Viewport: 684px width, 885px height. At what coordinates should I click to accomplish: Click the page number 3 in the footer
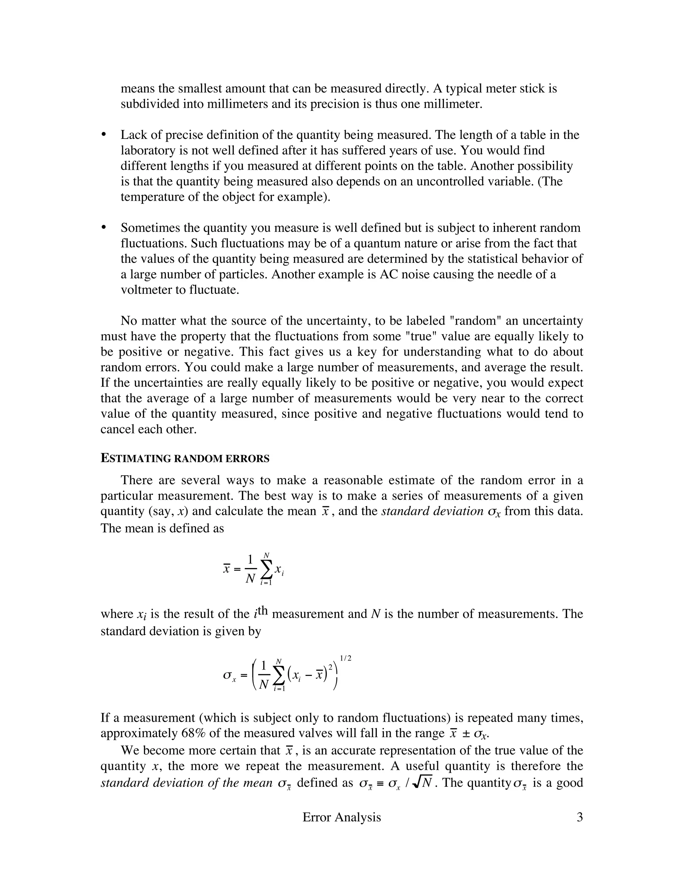579,817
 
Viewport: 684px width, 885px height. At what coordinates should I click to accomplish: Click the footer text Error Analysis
342,817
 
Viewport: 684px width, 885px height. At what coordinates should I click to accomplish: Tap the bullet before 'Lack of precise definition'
104,135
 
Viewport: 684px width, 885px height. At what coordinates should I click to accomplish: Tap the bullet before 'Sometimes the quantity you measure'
104,228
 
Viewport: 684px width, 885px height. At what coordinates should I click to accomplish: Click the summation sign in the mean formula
266,569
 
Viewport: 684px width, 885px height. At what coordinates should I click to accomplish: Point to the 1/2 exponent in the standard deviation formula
345,659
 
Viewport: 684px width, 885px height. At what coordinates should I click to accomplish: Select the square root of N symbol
422,782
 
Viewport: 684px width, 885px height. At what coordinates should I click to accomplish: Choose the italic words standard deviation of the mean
186,782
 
